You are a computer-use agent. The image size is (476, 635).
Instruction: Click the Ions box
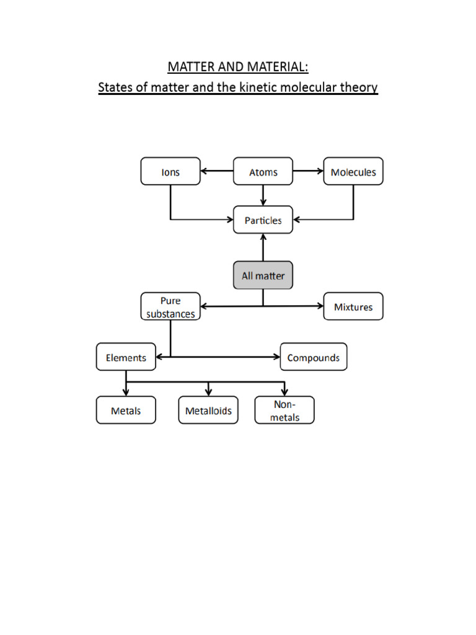click(170, 172)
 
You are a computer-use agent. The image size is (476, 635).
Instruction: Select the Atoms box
click(263, 172)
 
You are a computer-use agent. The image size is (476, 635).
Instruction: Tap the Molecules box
click(353, 172)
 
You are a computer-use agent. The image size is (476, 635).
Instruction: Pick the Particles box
click(263, 220)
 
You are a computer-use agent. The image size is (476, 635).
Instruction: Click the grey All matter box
click(263, 275)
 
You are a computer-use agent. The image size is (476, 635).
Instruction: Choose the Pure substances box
click(170, 307)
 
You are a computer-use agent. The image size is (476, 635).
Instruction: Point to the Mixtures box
click(353, 307)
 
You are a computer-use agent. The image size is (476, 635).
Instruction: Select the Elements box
click(126, 357)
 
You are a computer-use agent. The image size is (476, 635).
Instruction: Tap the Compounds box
click(313, 357)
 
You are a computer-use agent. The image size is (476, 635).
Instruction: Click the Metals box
click(126, 411)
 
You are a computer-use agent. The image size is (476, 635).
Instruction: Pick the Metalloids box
click(208, 411)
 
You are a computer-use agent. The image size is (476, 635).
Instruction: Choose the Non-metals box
click(284, 411)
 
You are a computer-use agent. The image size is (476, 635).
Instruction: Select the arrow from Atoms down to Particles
click(263, 195)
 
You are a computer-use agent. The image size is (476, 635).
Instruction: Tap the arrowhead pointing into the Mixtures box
click(320, 306)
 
